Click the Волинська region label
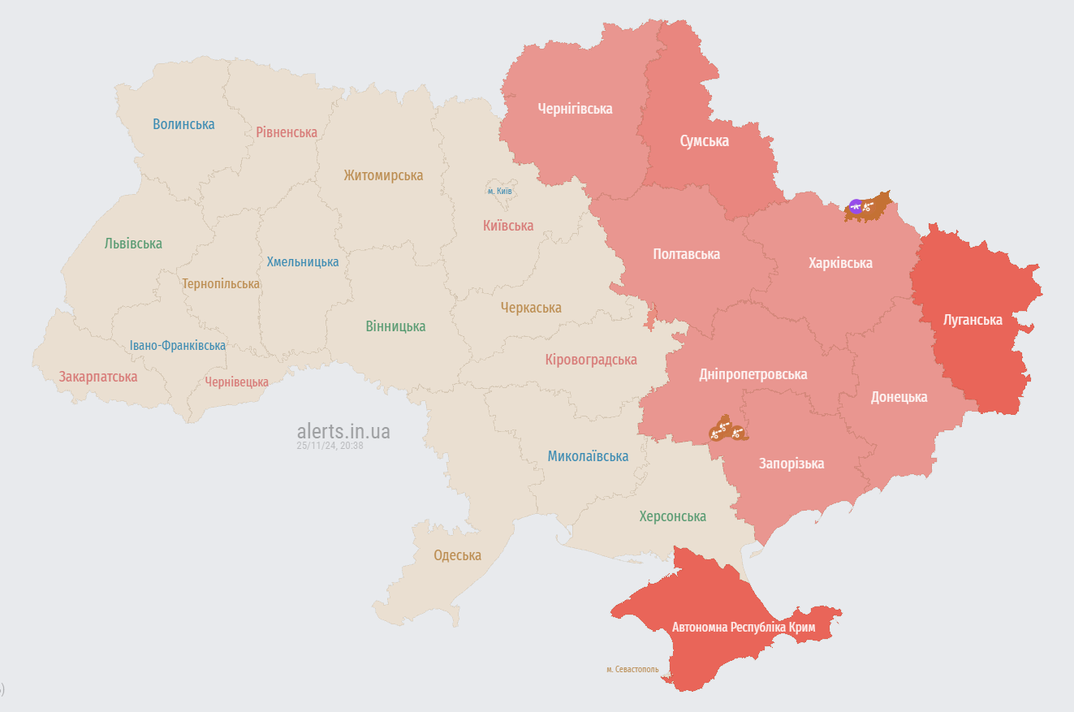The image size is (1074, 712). coord(183,124)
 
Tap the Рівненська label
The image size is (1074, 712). coord(287,132)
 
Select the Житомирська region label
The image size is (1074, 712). coord(383,175)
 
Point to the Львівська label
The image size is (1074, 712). coord(133,244)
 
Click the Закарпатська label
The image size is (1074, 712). coord(98,377)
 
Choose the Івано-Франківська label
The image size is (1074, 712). coord(178,345)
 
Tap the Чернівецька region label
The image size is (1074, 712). coord(236,382)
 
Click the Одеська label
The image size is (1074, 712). coord(457,555)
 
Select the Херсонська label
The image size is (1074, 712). coord(672,516)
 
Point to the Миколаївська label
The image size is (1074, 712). coord(588,456)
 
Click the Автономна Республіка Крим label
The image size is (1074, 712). coord(743,628)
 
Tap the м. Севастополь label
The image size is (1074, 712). coord(632,670)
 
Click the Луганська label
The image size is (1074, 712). coord(973,320)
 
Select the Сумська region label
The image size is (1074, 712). coord(704,141)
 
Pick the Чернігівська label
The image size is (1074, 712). coord(575,109)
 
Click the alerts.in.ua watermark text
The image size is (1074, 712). coord(343,431)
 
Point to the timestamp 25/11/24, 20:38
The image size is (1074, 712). coord(330,446)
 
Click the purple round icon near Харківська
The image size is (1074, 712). coord(856,206)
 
